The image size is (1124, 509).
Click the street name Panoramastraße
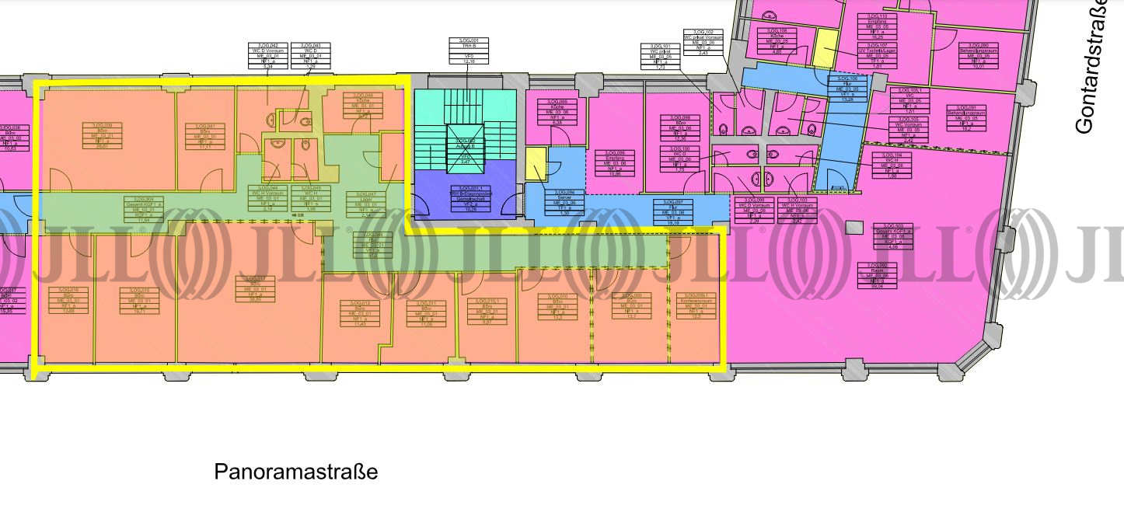295,472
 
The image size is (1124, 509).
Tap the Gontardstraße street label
1096,66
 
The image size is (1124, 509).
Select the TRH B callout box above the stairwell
464,51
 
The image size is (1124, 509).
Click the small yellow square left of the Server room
536,165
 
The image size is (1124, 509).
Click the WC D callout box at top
312,56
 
